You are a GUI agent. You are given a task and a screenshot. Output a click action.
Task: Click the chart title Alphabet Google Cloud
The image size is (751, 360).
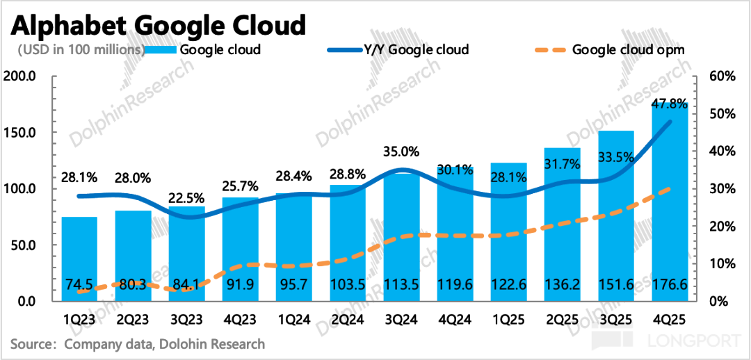click(158, 26)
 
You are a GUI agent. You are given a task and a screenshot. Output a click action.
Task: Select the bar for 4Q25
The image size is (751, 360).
click(670, 208)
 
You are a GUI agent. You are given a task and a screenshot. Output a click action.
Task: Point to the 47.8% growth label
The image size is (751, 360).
click(670, 104)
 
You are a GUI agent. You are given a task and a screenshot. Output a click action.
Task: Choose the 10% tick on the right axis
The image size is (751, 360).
click(723, 264)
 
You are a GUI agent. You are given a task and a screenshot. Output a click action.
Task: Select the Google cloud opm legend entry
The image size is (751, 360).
click(628, 49)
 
